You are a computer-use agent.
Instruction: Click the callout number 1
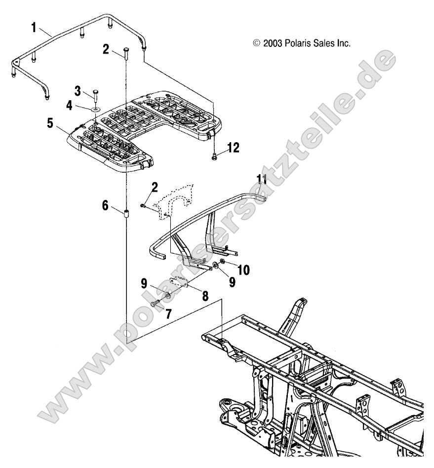click(x=34, y=27)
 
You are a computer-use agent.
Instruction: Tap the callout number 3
click(x=78, y=91)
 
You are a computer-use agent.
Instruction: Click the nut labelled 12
click(x=215, y=157)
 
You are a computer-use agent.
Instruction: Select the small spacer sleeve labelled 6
click(x=125, y=214)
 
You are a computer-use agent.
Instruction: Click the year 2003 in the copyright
click(x=272, y=43)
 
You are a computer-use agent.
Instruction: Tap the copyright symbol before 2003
click(x=256, y=43)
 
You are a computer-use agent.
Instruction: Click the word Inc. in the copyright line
click(x=342, y=43)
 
